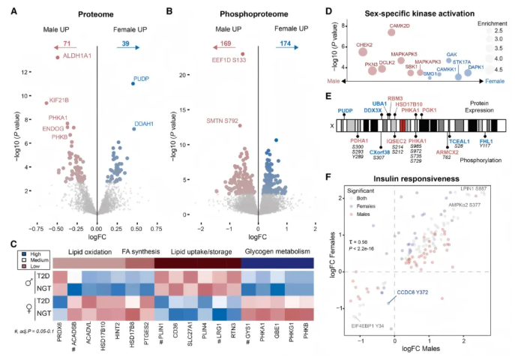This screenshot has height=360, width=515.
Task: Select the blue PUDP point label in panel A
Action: tap(142, 78)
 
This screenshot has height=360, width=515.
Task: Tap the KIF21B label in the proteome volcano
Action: tap(58, 99)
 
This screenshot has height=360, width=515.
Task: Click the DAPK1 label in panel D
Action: tap(476, 67)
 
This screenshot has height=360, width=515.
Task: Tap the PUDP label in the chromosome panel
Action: tap(346, 110)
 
